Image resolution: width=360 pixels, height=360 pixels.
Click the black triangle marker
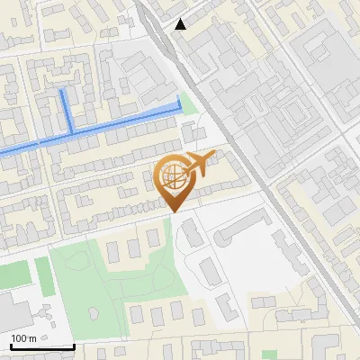click(181, 24)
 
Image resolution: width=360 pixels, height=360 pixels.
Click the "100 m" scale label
click(24, 338)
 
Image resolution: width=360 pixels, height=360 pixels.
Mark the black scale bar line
click(42, 346)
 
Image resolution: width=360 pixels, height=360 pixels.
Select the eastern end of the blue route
click(179, 106)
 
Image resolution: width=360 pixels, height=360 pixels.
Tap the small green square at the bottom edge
click(269, 355)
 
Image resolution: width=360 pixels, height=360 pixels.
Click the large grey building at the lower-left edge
click(11, 310)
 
